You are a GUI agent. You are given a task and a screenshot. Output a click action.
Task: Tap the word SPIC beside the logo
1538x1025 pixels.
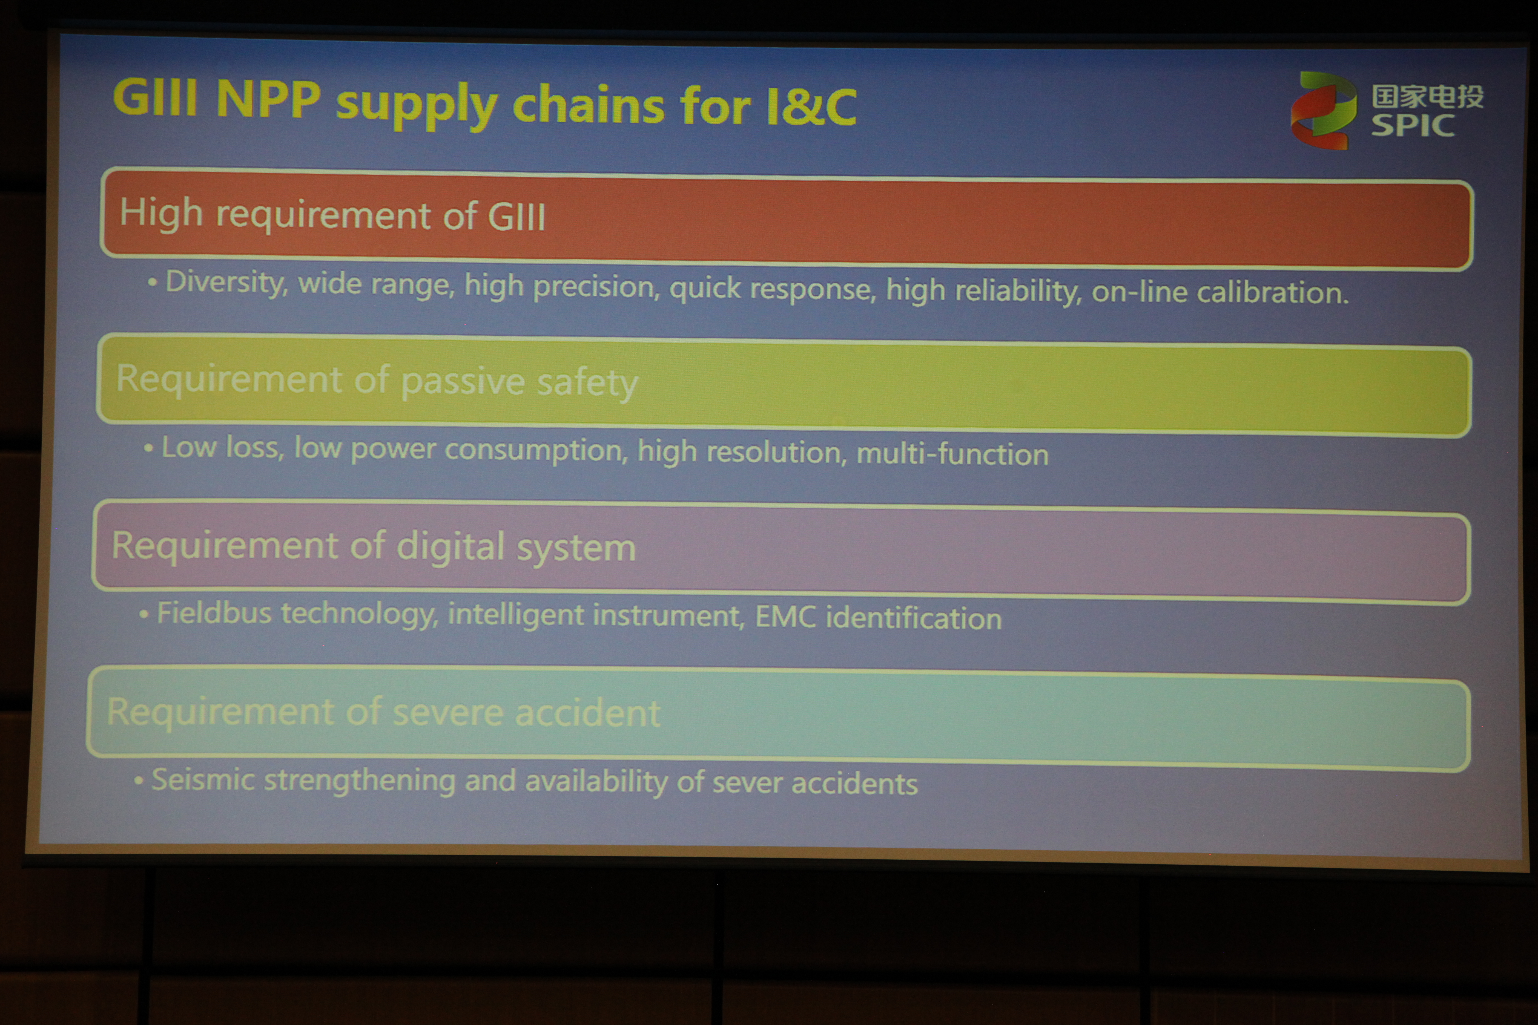(x=1413, y=125)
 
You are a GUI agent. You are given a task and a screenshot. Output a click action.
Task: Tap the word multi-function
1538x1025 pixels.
(x=952, y=454)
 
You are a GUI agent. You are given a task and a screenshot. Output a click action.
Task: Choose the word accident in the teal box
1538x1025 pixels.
(x=587, y=713)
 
